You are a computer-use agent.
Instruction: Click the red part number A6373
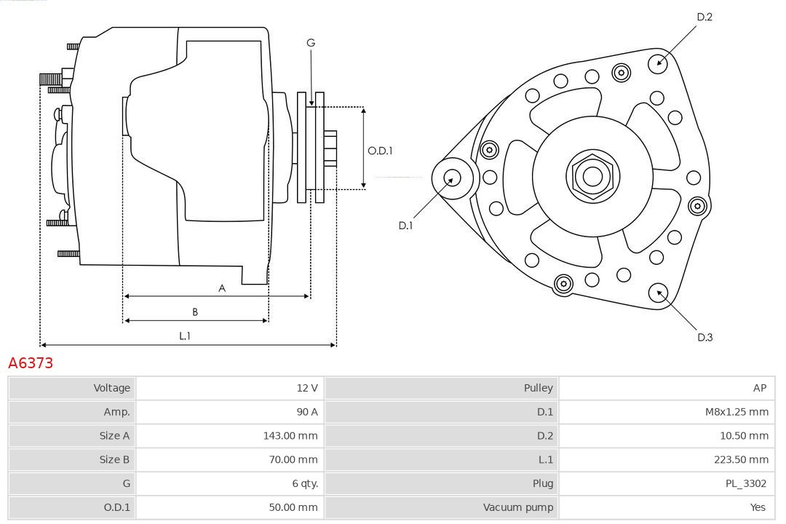point(31,362)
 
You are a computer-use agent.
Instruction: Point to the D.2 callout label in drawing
point(704,17)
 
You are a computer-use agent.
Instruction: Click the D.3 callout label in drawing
point(704,337)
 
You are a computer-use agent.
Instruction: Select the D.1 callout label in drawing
point(405,226)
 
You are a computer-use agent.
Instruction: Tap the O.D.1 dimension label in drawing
point(380,151)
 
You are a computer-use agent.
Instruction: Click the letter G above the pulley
point(311,43)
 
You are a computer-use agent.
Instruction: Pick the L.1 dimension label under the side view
point(185,336)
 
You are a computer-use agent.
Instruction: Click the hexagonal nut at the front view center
point(592,176)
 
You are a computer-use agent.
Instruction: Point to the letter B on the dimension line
point(195,311)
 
